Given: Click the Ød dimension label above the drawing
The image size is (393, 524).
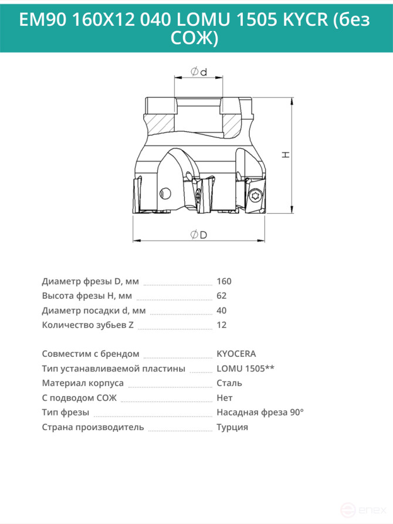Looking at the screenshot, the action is click(199, 72).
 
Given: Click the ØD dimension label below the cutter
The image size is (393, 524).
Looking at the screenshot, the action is click(199, 235).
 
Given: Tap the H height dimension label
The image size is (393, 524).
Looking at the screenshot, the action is click(286, 154).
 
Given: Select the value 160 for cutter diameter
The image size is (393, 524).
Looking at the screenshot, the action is click(224, 282).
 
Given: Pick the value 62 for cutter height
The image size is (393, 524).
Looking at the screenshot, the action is click(222, 296).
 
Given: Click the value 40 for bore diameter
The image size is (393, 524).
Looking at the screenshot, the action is click(222, 310).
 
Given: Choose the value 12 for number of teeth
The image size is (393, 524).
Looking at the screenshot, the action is click(222, 325).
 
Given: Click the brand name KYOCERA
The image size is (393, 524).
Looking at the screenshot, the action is click(236, 354).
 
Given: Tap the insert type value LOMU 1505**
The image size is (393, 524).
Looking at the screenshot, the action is click(246, 369).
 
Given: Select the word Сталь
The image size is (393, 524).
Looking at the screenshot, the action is click(229, 383).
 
